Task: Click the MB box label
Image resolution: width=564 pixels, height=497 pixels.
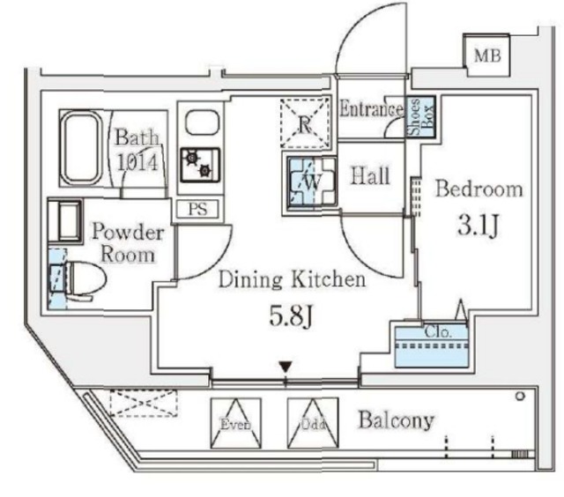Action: (486, 56)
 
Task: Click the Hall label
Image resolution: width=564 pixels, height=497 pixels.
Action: (370, 176)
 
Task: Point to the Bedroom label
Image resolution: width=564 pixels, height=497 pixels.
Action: (479, 189)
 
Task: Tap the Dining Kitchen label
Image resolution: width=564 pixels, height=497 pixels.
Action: (292, 281)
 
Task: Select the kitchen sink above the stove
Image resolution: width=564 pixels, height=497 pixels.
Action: (197, 122)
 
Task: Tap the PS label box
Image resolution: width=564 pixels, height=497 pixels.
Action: (198, 209)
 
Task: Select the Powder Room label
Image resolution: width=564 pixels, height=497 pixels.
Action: (128, 244)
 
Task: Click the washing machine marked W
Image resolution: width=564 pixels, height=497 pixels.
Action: (308, 182)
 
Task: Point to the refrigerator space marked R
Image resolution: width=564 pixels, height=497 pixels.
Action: (304, 122)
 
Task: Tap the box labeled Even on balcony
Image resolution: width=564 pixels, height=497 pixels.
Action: (234, 421)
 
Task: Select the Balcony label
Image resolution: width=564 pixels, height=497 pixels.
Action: (396, 420)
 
